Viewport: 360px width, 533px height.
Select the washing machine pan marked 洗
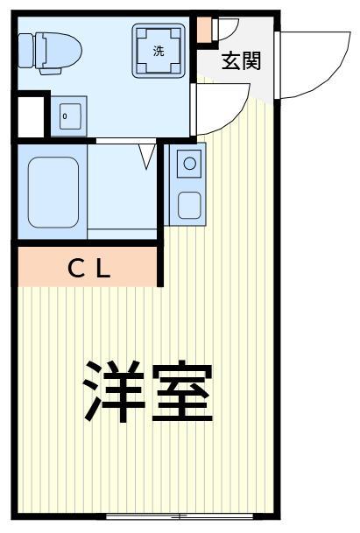(159, 50)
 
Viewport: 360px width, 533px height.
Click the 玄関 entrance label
(241, 62)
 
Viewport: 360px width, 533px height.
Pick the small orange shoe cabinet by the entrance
(204, 29)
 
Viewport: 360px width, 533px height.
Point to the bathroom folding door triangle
(147, 156)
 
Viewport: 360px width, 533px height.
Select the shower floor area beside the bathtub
(122, 188)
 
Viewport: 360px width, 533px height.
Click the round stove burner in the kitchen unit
(188, 163)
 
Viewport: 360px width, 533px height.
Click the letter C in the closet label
(76, 269)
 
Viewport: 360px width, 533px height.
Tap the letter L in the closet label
(103, 269)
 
